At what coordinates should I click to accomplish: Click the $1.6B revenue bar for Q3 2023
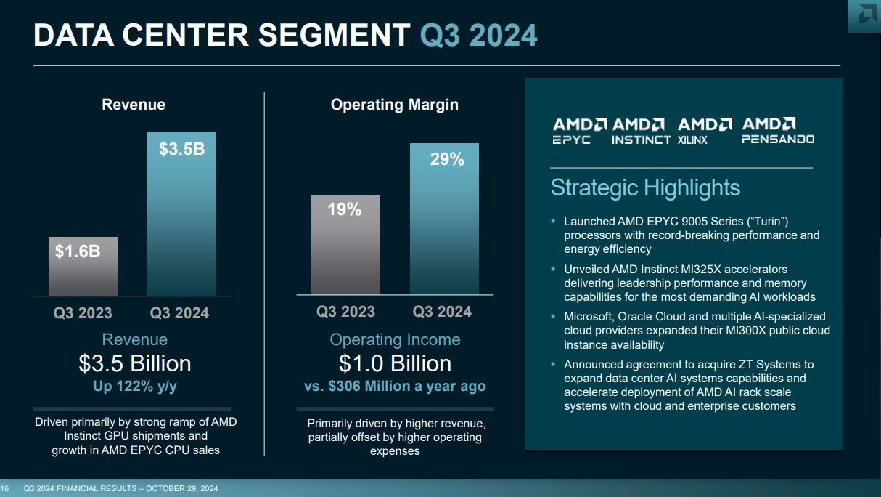pyautogui.click(x=83, y=266)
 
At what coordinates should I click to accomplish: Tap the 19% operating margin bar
pyautogui.click(x=345, y=245)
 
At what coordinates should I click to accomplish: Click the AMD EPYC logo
pyautogui.click(x=580, y=131)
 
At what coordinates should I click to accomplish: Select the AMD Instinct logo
pyautogui.click(x=641, y=131)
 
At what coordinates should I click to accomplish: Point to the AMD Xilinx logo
pyautogui.click(x=705, y=131)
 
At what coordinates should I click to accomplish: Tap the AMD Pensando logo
pyautogui.click(x=777, y=131)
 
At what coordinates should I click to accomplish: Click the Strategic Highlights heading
pyautogui.click(x=645, y=187)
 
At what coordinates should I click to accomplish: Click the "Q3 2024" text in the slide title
pyautogui.click(x=479, y=35)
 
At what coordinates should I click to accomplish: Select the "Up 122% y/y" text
pyautogui.click(x=135, y=387)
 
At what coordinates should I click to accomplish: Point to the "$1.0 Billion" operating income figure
pyautogui.click(x=395, y=363)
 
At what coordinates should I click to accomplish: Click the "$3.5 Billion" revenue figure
pyautogui.click(x=135, y=363)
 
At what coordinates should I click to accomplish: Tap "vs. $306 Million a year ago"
pyautogui.click(x=395, y=387)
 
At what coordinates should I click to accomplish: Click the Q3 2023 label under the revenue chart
pyautogui.click(x=83, y=313)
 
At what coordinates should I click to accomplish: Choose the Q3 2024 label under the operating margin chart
pyautogui.click(x=442, y=312)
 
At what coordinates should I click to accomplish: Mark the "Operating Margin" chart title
pyautogui.click(x=395, y=105)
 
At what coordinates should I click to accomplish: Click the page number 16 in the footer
pyautogui.click(x=4, y=488)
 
